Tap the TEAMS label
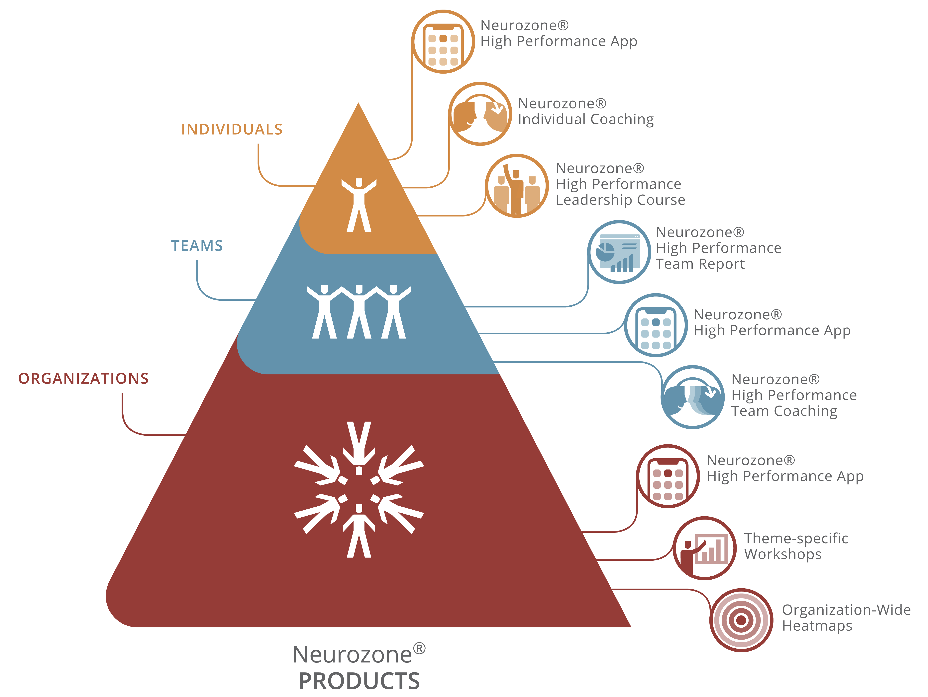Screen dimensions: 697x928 click(197, 246)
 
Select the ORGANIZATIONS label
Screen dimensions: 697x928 click(83, 378)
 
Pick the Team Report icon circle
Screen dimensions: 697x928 click(619, 252)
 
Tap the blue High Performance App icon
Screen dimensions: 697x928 click(656, 325)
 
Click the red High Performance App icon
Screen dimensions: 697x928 click(668, 476)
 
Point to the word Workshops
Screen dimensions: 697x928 click(783, 554)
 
